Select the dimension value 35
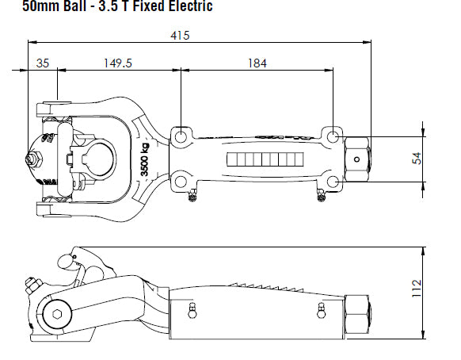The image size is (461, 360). point(42,63)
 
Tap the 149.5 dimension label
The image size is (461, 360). point(116,63)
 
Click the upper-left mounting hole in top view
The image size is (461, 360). point(182,136)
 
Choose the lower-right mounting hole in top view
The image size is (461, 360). point(334,180)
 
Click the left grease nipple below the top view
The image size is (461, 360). point(191,196)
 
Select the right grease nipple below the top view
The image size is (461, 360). point(321,196)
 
